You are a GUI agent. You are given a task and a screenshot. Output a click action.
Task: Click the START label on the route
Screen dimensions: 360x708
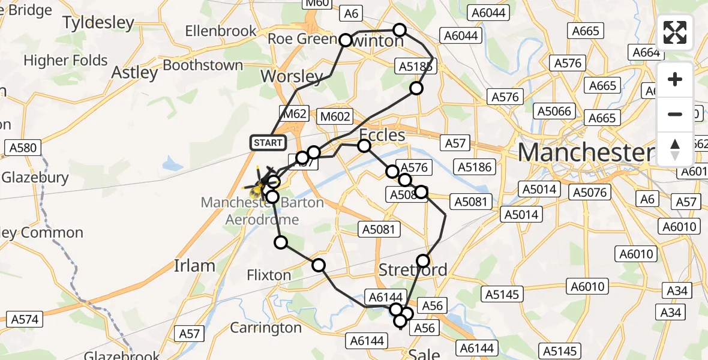point(268,143)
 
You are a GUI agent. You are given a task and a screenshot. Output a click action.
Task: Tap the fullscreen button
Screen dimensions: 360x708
point(675,32)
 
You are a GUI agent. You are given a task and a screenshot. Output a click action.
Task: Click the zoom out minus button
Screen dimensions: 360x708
point(675,114)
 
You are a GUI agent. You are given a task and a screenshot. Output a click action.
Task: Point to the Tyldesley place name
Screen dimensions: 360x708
point(98,23)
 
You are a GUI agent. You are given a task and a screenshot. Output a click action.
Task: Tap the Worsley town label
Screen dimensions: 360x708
point(292,76)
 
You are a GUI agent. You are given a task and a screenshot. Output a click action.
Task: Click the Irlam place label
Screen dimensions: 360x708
point(194,265)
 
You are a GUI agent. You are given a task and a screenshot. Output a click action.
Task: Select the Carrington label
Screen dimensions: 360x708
point(266,328)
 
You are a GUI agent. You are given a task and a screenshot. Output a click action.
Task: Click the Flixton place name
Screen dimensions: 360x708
point(269,275)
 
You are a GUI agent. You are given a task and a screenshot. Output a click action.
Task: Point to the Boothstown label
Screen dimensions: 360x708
point(203,65)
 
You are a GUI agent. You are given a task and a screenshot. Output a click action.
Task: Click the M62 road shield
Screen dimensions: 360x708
point(293,113)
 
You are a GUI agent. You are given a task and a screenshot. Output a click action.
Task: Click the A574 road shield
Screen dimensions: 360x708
point(23,319)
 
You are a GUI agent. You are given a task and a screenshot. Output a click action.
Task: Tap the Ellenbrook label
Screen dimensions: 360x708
point(221,31)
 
